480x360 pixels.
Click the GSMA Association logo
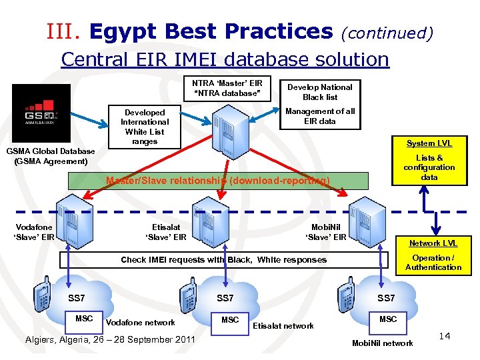click(x=41, y=113)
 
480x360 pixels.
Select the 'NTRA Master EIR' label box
click(x=227, y=89)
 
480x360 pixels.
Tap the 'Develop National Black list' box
click(x=319, y=92)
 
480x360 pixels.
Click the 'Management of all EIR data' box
click(x=319, y=116)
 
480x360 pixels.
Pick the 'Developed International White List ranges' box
click(x=145, y=127)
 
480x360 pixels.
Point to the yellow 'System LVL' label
click(x=429, y=143)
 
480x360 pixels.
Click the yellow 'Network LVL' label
click(x=433, y=243)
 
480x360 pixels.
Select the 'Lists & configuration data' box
click(x=429, y=168)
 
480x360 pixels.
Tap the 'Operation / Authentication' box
click(x=433, y=263)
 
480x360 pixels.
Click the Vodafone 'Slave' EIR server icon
click(x=73, y=216)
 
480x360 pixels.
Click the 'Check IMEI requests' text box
click(x=223, y=260)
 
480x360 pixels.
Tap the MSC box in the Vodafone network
click(x=84, y=319)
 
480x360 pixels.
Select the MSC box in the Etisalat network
click(x=230, y=320)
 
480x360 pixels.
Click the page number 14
click(x=445, y=336)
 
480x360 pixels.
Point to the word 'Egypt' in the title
click(x=115, y=31)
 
